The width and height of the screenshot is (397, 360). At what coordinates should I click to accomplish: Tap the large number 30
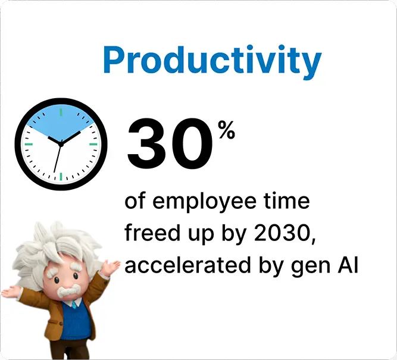(169, 143)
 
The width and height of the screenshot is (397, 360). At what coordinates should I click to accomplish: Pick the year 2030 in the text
(279, 233)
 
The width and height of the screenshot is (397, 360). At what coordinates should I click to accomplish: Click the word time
(289, 201)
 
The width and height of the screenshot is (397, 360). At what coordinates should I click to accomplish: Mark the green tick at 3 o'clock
(93, 143)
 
